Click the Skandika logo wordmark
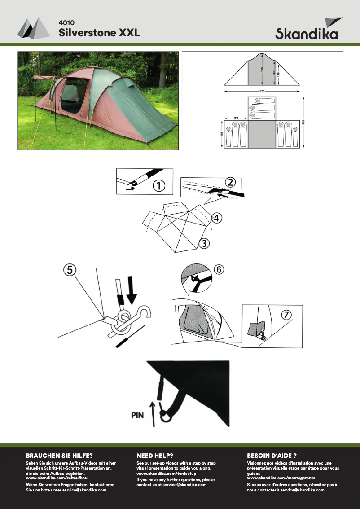click(x=307, y=33)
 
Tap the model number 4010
click(x=66, y=23)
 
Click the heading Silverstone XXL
click(x=99, y=33)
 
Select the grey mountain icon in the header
click(x=33, y=28)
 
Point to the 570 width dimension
click(x=262, y=91)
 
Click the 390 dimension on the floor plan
click(x=303, y=122)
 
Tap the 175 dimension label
click(x=236, y=118)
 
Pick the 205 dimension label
click(x=222, y=134)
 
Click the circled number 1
click(x=159, y=186)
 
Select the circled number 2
click(x=230, y=182)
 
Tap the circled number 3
click(x=204, y=243)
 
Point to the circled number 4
click(x=217, y=218)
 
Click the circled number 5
click(x=70, y=270)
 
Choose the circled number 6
click(x=219, y=269)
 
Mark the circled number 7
click(x=286, y=315)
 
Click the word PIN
click(x=137, y=415)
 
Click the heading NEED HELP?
click(x=155, y=456)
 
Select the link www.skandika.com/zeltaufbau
click(x=57, y=478)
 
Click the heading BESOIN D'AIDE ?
click(x=272, y=456)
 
